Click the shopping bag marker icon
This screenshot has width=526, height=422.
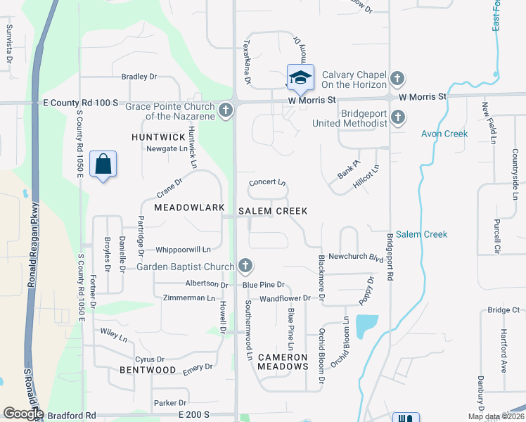click(103, 165)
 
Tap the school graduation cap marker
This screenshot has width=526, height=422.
click(300, 77)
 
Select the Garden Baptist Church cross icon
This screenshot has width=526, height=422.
click(245, 266)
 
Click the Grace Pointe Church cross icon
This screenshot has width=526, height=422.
click(225, 110)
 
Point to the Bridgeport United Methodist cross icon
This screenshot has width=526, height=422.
click(397, 117)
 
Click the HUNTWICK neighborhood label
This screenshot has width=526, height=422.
click(158, 136)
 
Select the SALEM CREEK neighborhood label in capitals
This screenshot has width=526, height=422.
click(274, 211)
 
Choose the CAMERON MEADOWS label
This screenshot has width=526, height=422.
click(283, 362)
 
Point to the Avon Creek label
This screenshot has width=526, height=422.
click(444, 134)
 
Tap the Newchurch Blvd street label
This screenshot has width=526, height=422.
click(351, 257)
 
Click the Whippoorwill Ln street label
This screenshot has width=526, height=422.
click(183, 249)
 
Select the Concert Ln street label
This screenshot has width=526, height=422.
click(268, 182)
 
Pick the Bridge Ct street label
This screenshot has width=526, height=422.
click(503, 309)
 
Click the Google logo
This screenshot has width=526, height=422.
click(23, 414)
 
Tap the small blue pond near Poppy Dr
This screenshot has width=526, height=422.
click(366, 325)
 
